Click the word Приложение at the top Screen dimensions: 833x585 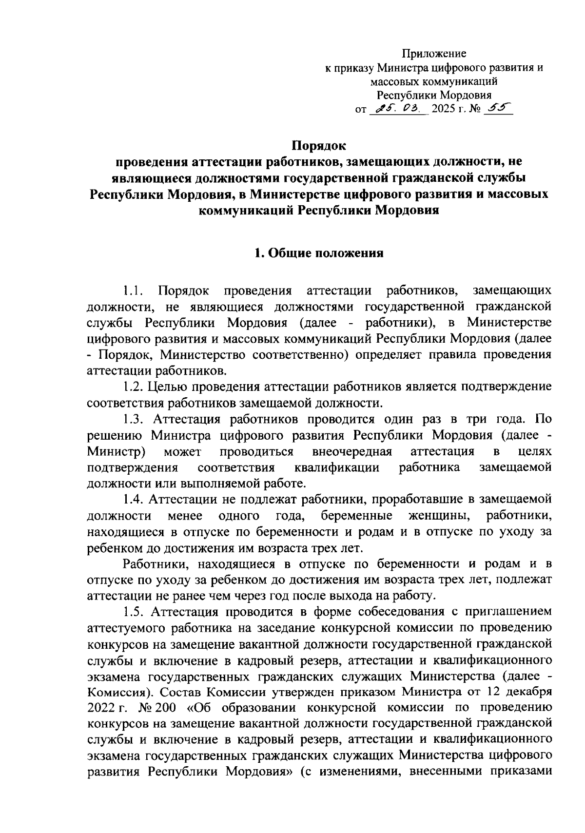pyautogui.click(x=433, y=54)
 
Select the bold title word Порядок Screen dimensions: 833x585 pyautogui.click(x=319, y=145)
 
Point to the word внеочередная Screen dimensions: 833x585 pyautogui.click(x=352, y=451)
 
